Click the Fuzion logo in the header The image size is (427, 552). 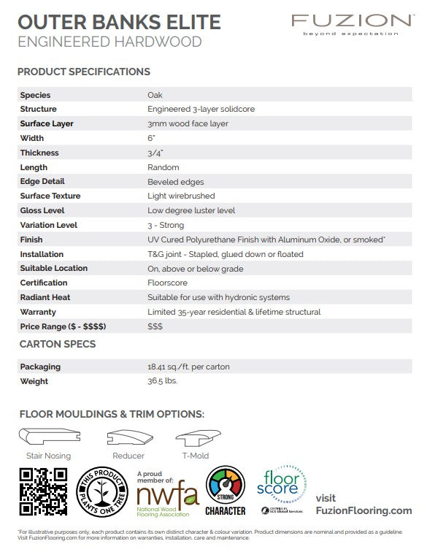351,23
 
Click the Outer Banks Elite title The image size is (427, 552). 119,22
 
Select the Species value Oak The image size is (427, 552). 155,95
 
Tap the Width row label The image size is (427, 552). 32,138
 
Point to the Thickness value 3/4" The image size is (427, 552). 155,153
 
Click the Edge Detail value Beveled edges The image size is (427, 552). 175,182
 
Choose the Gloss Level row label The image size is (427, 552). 42,210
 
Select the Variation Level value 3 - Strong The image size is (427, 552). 166,225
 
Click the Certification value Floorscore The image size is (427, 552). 167,283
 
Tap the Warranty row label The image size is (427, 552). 38,312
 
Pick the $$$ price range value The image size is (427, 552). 155,326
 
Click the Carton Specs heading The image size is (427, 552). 57,344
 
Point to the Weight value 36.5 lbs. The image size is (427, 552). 162,381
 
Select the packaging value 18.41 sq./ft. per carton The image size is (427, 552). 188,367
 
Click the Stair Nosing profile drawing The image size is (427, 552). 49,438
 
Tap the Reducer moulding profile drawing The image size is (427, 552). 129,438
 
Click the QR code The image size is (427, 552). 43,491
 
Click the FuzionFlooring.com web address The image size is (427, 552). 363,510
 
